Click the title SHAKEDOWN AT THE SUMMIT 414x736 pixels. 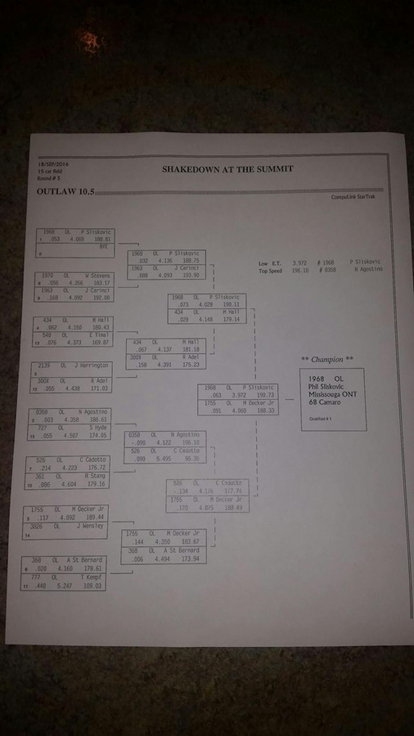tap(227, 169)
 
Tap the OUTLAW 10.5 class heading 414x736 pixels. tap(65, 192)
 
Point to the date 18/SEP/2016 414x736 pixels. tap(53, 164)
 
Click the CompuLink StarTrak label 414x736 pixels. tap(353, 197)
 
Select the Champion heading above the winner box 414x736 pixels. tap(327, 359)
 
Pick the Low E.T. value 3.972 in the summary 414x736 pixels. tap(299, 263)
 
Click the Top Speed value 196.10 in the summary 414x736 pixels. tap(300, 270)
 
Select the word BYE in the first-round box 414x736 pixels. tap(103, 247)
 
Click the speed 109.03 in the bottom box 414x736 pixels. tap(92, 586)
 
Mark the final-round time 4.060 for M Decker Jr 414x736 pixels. tap(239, 411)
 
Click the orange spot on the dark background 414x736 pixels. tap(90, 40)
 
